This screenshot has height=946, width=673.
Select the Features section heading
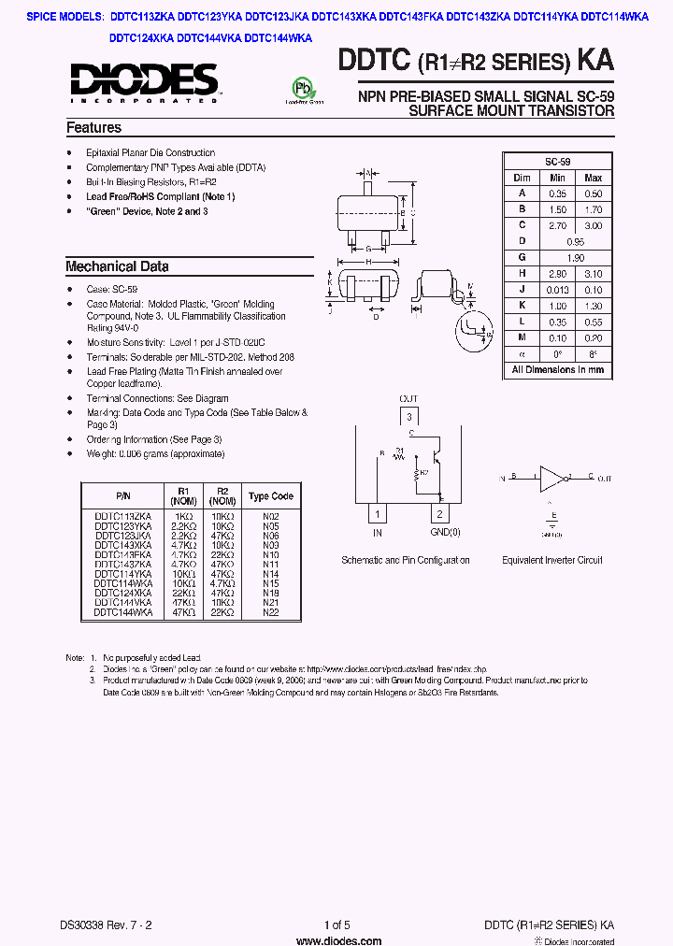point(93,128)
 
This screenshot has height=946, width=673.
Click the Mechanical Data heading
point(117,266)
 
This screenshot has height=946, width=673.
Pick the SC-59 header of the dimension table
point(557,162)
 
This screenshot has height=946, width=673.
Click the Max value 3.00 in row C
point(593,225)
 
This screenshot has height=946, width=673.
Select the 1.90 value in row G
point(575,257)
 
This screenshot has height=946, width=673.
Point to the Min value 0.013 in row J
point(557,290)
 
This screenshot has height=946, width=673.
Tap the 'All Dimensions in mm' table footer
point(557,369)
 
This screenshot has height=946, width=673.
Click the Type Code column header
point(271,496)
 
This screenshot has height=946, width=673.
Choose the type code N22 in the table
point(271,612)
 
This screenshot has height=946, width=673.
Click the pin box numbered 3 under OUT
point(408,417)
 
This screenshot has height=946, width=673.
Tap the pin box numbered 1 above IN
point(378,514)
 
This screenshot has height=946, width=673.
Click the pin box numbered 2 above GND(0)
point(438,514)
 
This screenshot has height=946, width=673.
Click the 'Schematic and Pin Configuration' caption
point(406,561)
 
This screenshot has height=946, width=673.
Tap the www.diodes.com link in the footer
point(336,939)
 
